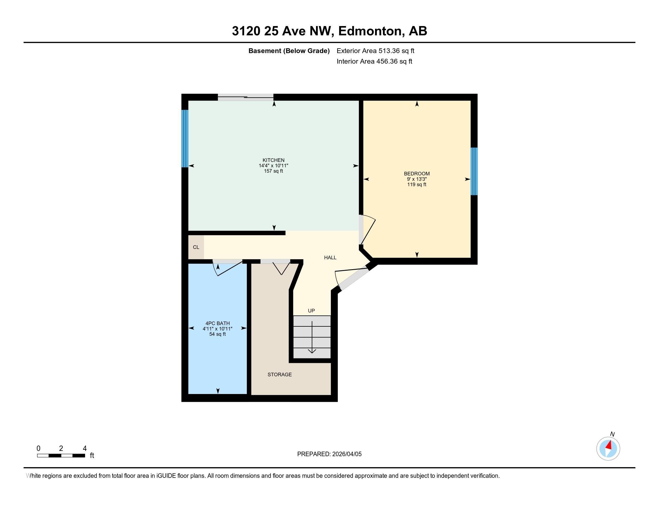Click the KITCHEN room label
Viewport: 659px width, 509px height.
[273, 160]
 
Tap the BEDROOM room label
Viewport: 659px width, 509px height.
[417, 173]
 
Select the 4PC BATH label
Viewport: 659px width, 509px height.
[217, 323]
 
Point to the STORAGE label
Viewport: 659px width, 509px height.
[279, 375]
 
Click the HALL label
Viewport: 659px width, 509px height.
[330, 257]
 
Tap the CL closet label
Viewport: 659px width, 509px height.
[196, 247]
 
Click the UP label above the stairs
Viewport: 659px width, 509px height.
[311, 310]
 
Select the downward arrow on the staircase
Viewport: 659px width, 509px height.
[312, 338]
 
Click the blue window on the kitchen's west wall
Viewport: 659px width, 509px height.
[185, 138]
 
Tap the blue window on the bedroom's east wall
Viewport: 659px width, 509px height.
[474, 171]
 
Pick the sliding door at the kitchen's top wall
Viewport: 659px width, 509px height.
[246, 97]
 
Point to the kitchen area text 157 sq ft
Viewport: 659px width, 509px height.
[273, 171]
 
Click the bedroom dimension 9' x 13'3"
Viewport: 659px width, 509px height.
[417, 179]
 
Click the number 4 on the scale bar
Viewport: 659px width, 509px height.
[84, 448]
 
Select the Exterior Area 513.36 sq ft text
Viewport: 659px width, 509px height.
[375, 51]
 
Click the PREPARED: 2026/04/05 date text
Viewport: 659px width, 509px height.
[329, 454]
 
